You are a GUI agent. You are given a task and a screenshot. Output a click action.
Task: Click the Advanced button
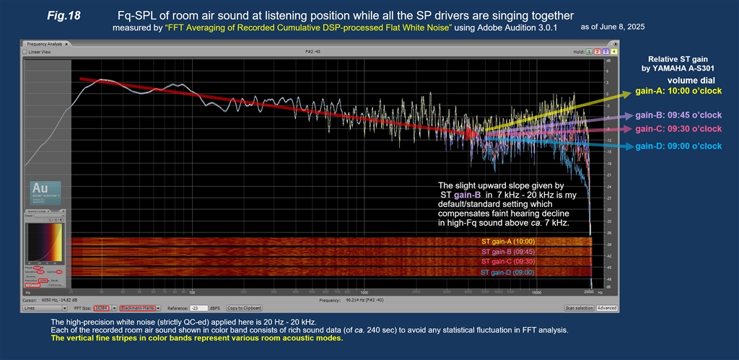pyautogui.click(x=607, y=307)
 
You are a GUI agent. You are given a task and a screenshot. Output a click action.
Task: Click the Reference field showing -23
pyautogui.click(x=195, y=307)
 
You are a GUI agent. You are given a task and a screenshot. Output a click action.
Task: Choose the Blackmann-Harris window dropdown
pyautogui.click(x=138, y=307)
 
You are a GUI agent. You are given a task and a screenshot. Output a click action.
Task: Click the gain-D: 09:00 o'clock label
pyautogui.click(x=678, y=146)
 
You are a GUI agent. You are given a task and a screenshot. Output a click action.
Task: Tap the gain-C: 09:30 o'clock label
pyautogui.click(x=678, y=129)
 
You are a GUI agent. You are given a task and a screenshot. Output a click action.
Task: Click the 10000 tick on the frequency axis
pyautogui.click(x=535, y=293)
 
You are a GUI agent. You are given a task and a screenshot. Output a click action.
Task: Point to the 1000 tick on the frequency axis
pyautogui.click(x=364, y=293)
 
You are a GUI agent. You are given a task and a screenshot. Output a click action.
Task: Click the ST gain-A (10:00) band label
pyautogui.click(x=509, y=241)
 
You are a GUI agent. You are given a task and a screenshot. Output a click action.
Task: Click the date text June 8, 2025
pyautogui.click(x=618, y=26)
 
